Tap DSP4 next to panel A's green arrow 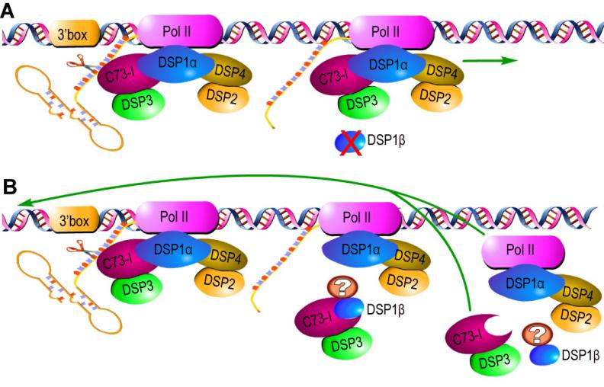[x=439, y=71]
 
